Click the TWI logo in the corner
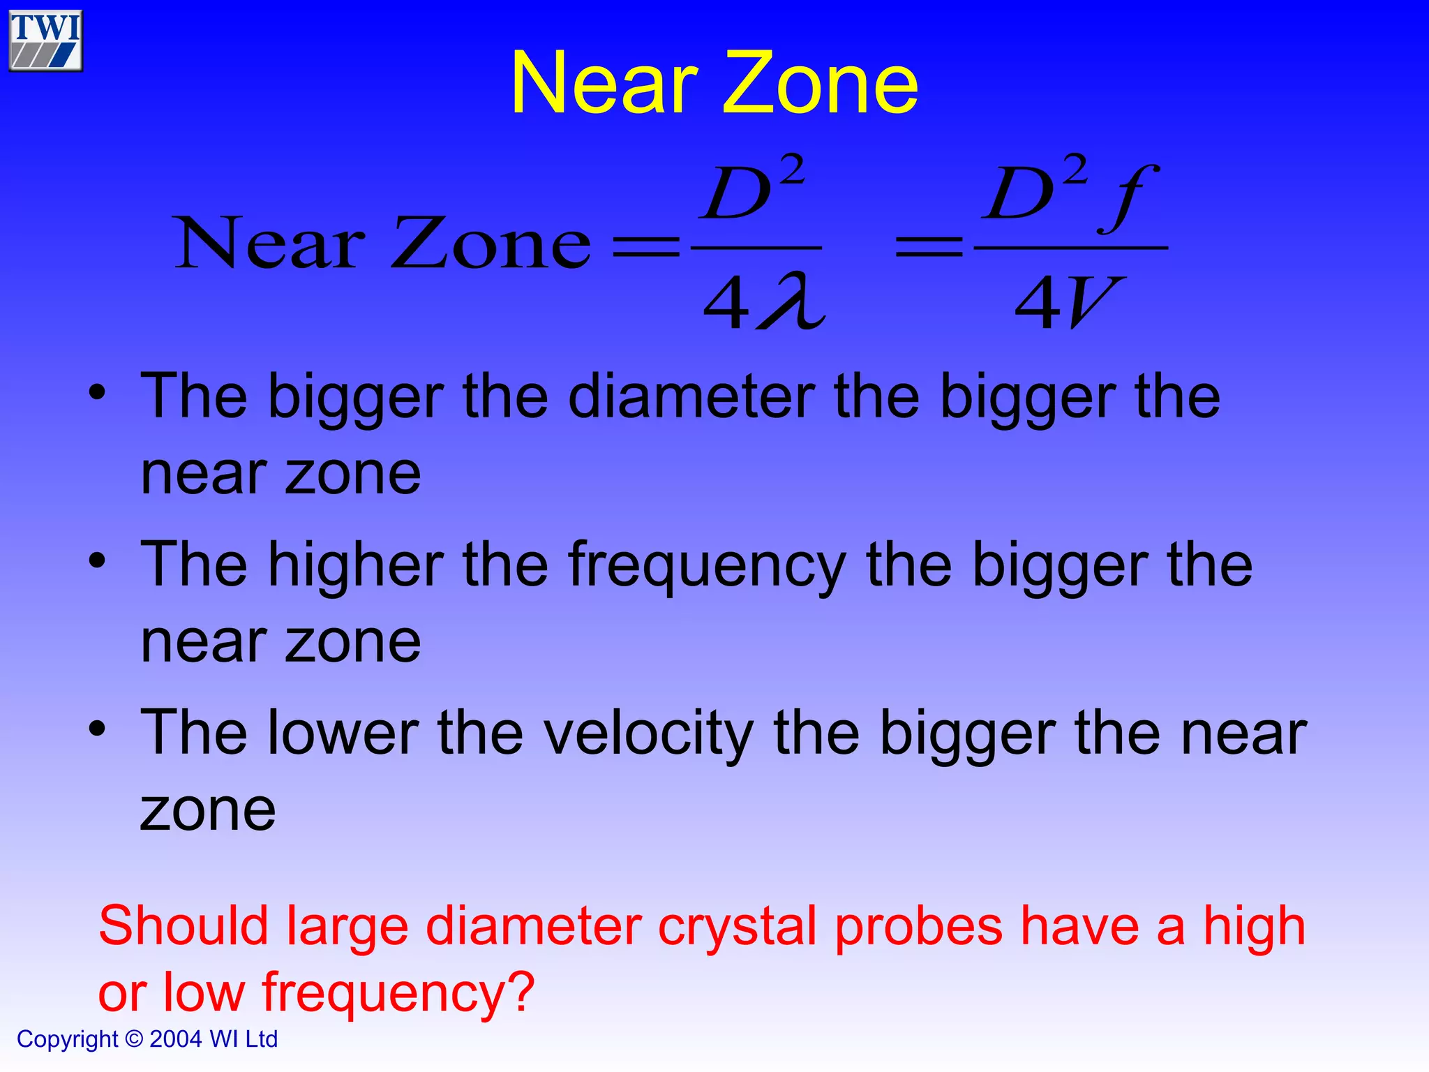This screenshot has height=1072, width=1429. pos(45,40)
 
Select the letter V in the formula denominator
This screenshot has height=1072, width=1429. pos(1093,302)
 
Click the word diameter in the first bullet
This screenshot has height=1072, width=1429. pos(691,396)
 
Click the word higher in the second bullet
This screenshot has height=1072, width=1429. pos(357,565)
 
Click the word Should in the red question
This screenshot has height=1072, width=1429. pos(184,926)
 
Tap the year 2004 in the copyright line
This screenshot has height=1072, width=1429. pos(175,1039)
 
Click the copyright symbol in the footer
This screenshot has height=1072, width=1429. pos(134,1039)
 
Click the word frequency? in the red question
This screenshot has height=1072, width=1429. pos(398,994)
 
